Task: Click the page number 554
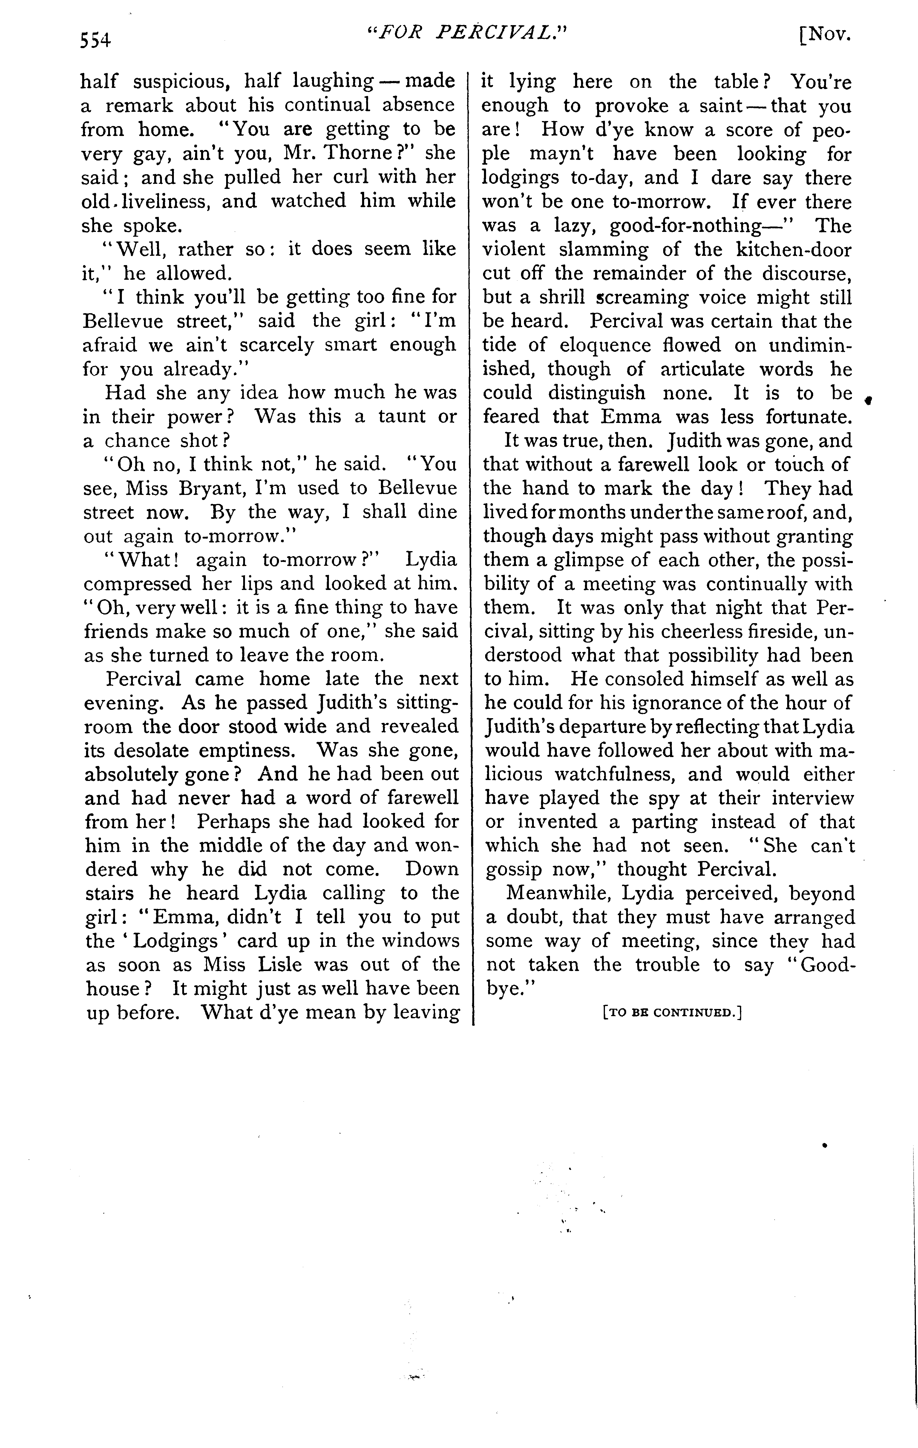[x=96, y=40]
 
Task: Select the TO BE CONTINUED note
[x=672, y=1012]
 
